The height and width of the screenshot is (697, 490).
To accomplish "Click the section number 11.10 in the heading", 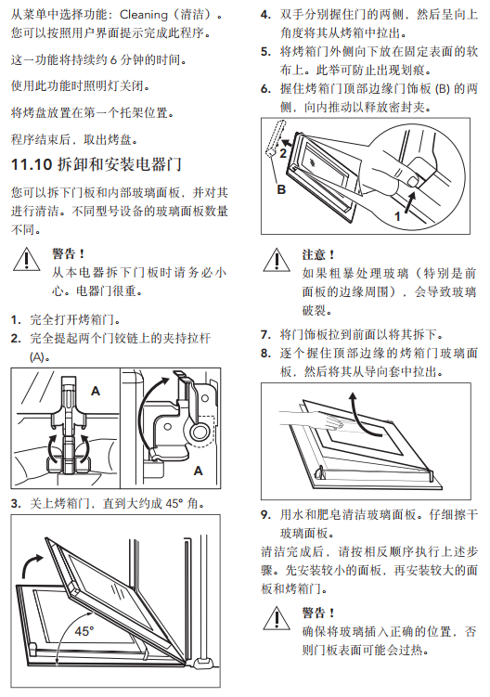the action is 32,165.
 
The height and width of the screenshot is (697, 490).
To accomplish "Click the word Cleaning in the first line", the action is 144,15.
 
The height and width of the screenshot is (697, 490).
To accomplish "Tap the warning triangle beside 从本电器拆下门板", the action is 27,260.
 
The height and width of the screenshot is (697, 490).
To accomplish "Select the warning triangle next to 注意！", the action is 277,260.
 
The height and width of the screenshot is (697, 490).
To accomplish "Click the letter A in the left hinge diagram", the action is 96,391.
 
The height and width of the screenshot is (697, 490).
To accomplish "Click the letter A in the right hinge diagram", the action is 198,471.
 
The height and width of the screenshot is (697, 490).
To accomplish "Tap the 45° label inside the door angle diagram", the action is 84,631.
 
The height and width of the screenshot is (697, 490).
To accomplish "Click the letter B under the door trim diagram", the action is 281,190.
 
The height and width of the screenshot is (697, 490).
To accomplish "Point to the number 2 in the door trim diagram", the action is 283,153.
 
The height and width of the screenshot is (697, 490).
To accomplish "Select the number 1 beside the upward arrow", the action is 397,216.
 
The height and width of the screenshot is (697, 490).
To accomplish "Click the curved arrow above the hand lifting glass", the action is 362,413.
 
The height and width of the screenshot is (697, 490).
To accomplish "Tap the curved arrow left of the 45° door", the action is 32,564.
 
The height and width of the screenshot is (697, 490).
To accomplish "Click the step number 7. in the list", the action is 266,334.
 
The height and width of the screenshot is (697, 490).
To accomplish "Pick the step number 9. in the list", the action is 266,515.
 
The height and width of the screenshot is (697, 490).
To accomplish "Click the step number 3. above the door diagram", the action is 16,504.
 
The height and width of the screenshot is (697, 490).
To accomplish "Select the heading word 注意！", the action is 318,254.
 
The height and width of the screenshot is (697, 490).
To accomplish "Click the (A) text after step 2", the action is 40,357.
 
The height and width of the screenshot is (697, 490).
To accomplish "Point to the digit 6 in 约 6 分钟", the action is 113,59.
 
